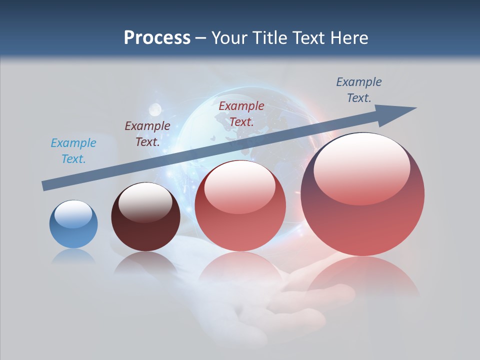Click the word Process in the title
(157, 38)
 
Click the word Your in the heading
(229, 38)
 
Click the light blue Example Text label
(73, 151)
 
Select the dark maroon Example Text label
(147, 134)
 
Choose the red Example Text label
(241, 113)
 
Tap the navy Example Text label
(358, 90)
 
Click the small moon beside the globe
(155, 108)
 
